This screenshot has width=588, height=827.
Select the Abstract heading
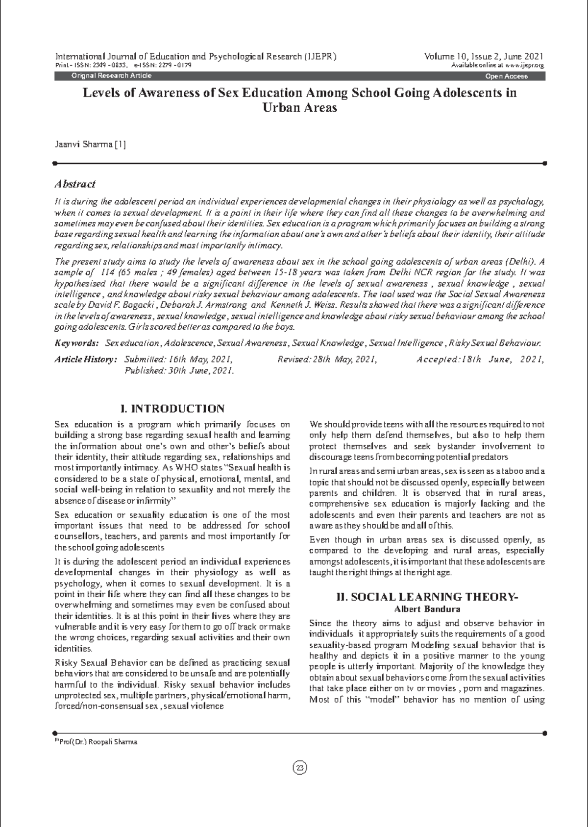pyautogui.click(x=74, y=184)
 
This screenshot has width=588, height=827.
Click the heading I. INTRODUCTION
pyautogui.click(x=172, y=409)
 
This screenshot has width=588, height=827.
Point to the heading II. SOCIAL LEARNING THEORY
pyautogui.click(x=427, y=597)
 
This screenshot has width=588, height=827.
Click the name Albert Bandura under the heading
pyautogui.click(x=427, y=609)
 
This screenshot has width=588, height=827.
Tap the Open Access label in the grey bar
pyautogui.click(x=506, y=76)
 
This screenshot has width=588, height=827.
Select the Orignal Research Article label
pyautogui.click(x=111, y=75)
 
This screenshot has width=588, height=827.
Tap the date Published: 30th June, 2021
pyautogui.click(x=179, y=371)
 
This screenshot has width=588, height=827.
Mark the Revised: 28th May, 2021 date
pyautogui.click(x=327, y=360)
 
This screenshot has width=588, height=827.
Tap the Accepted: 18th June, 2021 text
pyautogui.click(x=480, y=360)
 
